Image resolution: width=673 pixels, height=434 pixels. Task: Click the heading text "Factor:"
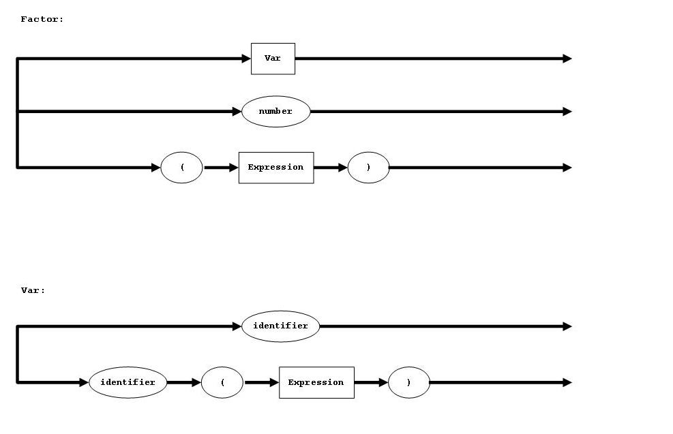pos(42,20)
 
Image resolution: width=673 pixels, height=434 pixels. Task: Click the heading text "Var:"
pos(33,290)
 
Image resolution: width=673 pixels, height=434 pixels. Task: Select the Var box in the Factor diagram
pos(273,59)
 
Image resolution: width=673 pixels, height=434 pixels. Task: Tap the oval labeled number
pos(275,111)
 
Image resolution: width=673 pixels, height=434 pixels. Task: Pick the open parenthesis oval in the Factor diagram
pos(181,168)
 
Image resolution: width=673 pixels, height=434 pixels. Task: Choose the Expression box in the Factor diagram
pos(275,168)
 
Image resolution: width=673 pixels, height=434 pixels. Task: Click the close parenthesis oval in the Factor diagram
pos(368,168)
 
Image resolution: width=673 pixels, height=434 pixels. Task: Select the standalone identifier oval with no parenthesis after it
pos(280,326)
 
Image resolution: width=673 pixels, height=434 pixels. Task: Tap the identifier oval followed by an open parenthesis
pos(128,382)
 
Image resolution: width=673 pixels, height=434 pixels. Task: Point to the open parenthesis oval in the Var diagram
pos(222,382)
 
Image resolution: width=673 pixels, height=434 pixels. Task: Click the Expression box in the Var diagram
pos(316,382)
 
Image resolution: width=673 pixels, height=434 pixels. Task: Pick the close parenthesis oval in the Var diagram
pos(408,382)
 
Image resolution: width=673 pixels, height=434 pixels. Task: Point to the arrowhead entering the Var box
pos(246,59)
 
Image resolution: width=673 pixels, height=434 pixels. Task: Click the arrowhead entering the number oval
pos(237,111)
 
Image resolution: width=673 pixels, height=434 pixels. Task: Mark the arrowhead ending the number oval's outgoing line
pos(567,111)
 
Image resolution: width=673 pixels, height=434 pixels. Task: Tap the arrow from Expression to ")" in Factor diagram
pos(331,168)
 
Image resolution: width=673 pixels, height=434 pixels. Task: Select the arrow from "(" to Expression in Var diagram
pos(261,382)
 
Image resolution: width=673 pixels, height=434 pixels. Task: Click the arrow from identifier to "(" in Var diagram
pos(183,382)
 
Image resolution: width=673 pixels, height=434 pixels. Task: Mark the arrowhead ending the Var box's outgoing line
pos(567,59)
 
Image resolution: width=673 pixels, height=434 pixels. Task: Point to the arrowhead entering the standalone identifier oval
pos(237,326)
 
